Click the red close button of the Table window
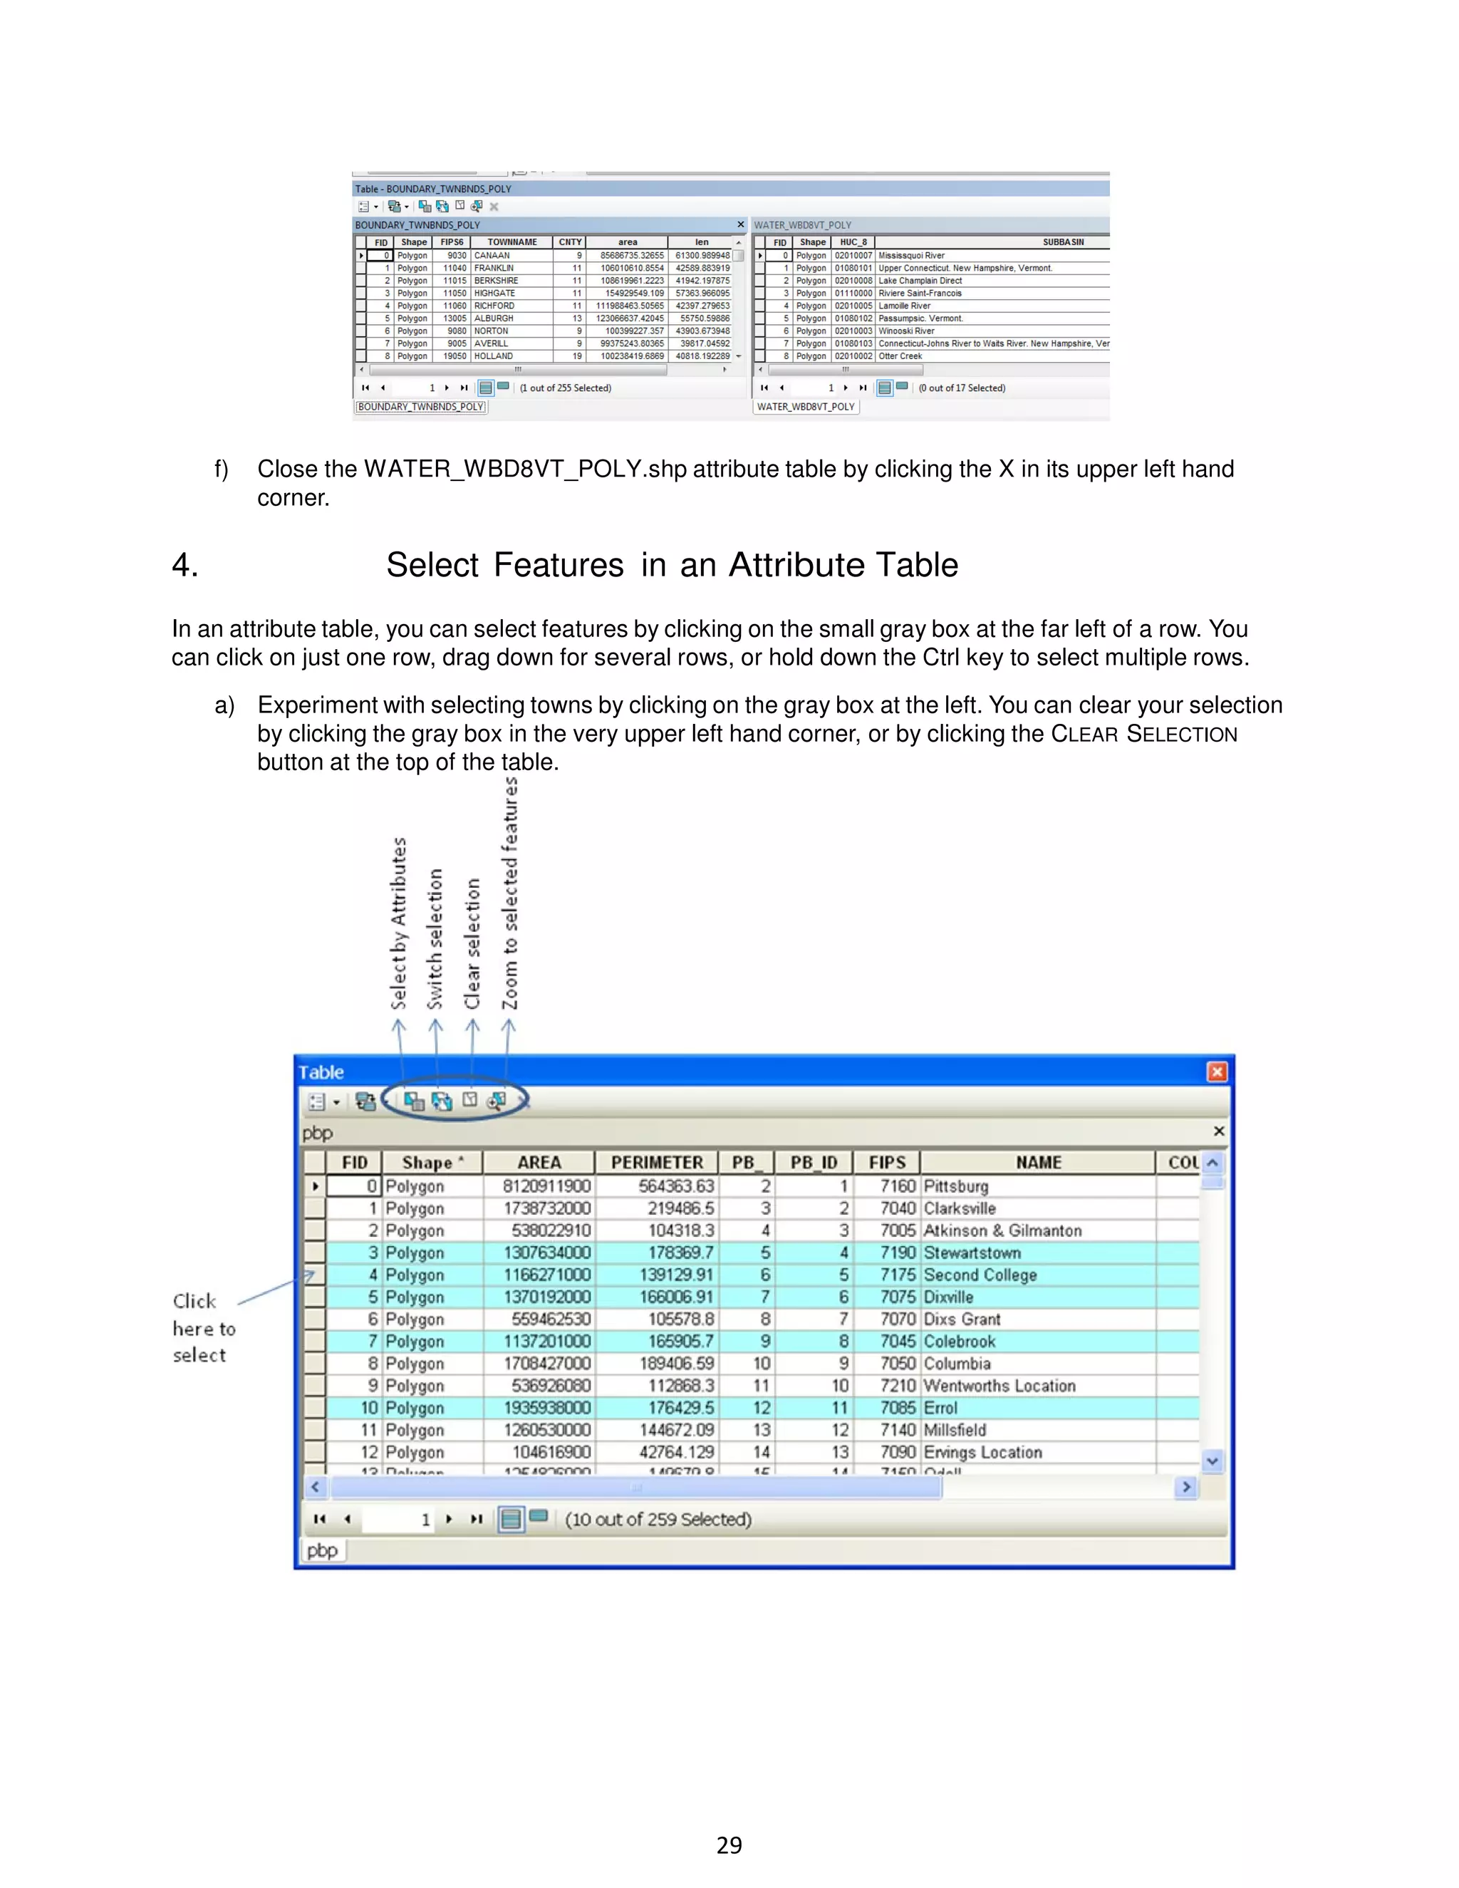1217,1072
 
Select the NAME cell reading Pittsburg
955,1186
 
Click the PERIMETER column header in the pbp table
657,1163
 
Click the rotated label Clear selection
472,943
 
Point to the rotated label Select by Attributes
398,923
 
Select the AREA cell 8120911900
546,1186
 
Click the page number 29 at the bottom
729,1846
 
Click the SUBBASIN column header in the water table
1062,242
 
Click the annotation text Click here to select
203,1329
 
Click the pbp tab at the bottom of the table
323,1551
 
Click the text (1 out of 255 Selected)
565,388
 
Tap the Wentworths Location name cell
1000,1386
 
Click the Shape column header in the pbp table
430,1163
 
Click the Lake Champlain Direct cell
920,281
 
